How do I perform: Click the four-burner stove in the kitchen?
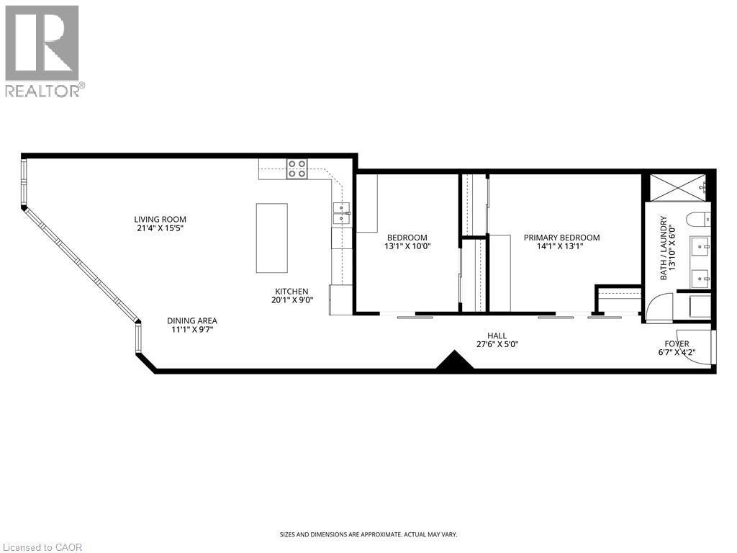pyautogui.click(x=297, y=168)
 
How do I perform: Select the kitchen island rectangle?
pyautogui.click(x=271, y=238)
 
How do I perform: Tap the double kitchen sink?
pyautogui.click(x=341, y=210)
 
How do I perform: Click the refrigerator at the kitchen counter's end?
pyautogui.click(x=340, y=300)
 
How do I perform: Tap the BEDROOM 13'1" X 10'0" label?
pyautogui.click(x=407, y=242)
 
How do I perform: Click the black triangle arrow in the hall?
pyautogui.click(x=455, y=361)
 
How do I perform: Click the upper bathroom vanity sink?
pyautogui.click(x=700, y=247)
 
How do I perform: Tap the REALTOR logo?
pyautogui.click(x=42, y=50)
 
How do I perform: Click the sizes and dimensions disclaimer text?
pyautogui.click(x=368, y=534)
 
